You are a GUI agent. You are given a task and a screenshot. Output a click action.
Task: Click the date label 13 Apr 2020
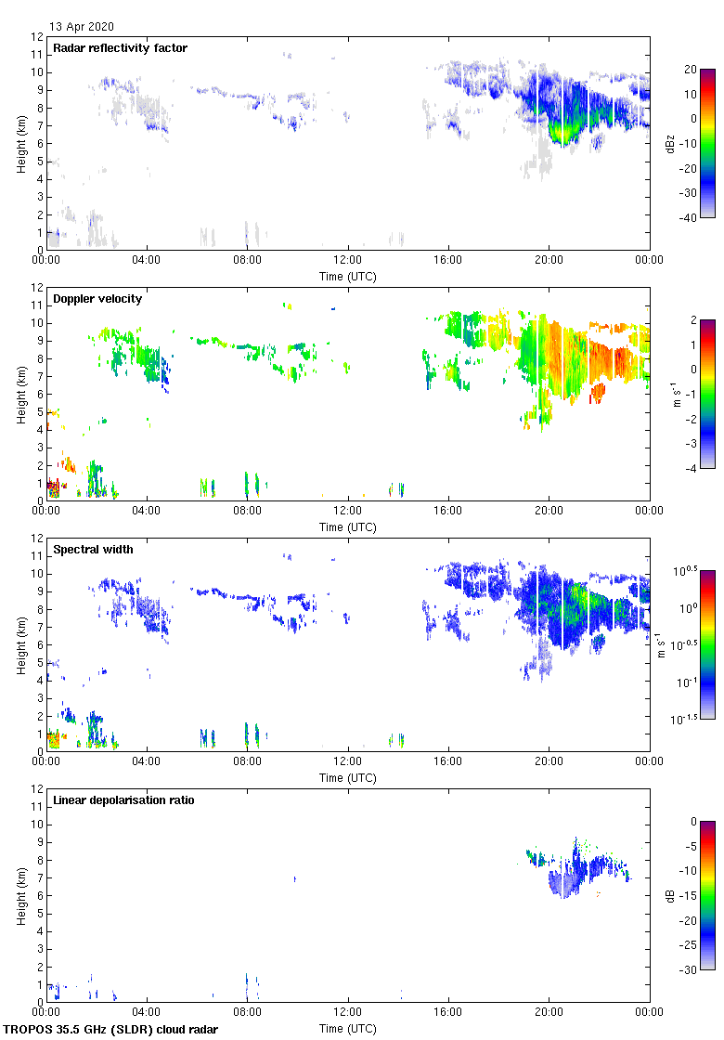(x=82, y=27)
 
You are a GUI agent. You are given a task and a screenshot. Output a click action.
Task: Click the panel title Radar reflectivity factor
(x=120, y=47)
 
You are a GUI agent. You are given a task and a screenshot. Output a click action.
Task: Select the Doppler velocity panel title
(x=97, y=298)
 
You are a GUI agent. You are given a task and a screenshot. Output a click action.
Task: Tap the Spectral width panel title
(x=93, y=549)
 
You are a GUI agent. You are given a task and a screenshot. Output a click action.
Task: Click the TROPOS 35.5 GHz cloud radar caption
(x=111, y=1030)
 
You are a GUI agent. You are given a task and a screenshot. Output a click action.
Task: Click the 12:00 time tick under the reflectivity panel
(x=348, y=261)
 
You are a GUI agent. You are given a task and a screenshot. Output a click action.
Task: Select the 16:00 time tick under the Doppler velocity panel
(x=448, y=512)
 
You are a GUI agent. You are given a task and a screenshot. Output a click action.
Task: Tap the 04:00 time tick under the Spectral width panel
(x=147, y=762)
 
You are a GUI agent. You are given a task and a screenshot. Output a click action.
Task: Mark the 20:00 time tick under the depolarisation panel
(x=549, y=1013)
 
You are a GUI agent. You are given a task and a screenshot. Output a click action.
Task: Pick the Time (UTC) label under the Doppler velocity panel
(x=348, y=527)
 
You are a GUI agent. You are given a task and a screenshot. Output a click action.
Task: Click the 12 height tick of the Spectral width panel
(x=36, y=538)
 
